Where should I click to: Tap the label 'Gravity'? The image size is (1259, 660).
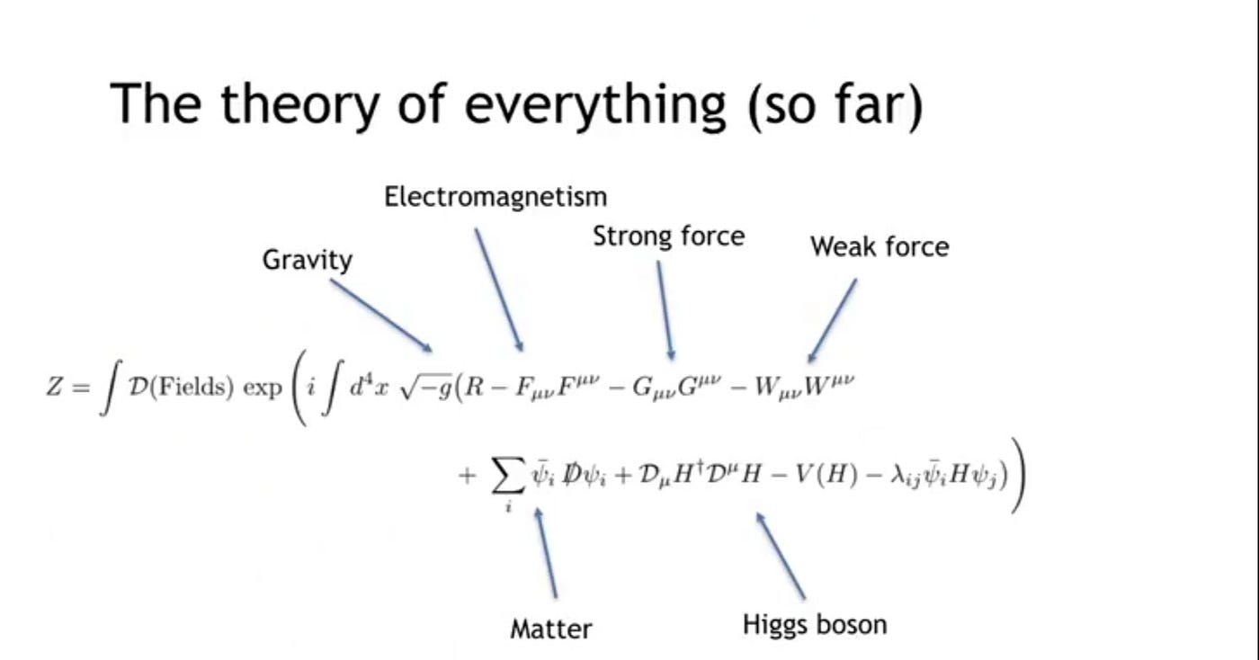point(307,260)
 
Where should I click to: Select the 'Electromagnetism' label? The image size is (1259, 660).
point(496,196)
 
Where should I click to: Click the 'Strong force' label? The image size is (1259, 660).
point(668,236)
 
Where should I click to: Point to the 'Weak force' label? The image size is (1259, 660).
point(879,245)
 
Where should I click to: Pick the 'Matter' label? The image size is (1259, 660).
point(551,628)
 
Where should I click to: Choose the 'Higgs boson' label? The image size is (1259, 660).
point(814,623)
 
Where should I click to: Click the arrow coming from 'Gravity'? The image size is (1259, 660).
point(381,315)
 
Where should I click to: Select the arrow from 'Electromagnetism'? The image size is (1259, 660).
point(498,289)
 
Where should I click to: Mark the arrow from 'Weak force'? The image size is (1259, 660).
point(832,320)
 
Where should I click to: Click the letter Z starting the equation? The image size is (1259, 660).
point(54,388)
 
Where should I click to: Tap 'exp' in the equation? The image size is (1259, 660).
point(263,391)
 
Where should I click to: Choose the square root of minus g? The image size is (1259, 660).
point(425,389)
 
